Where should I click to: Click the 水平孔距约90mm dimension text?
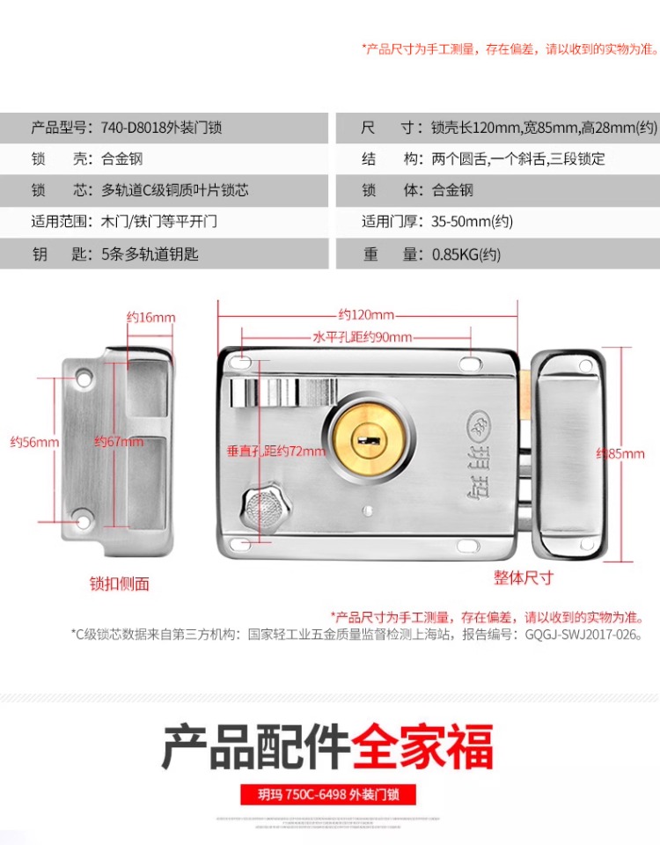(x=362, y=337)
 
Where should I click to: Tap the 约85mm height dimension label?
(x=620, y=454)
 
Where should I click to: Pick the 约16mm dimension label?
(x=150, y=317)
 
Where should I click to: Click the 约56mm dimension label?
(x=34, y=442)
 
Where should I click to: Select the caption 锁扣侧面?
(x=120, y=583)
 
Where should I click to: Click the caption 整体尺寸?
(x=524, y=577)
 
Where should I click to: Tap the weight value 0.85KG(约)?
(x=466, y=254)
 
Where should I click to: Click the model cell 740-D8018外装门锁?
(x=163, y=128)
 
